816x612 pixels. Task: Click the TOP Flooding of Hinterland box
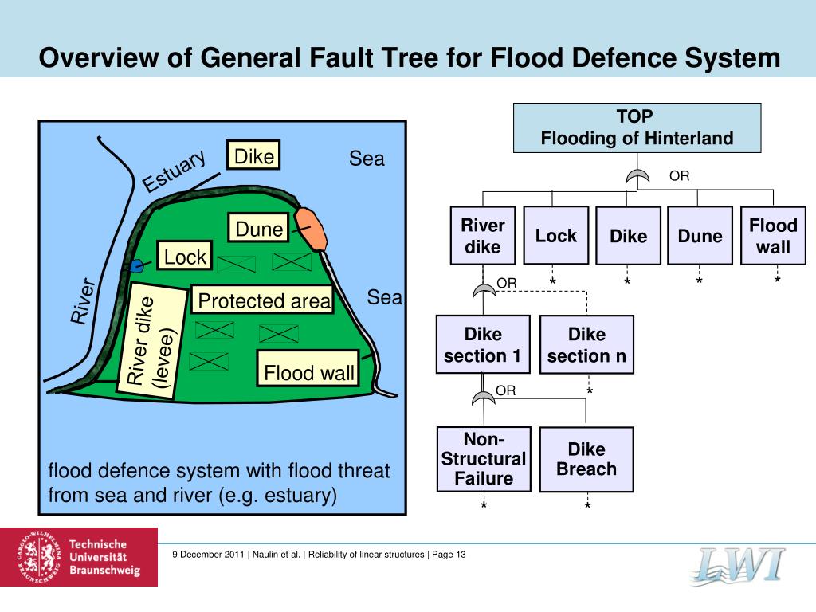(x=637, y=127)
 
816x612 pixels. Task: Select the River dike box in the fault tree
(x=483, y=236)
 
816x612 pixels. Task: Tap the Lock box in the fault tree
(x=555, y=235)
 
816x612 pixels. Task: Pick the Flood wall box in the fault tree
(x=773, y=236)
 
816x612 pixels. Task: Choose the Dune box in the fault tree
(x=700, y=236)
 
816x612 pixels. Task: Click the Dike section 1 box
(x=483, y=344)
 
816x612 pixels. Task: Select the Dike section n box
(x=586, y=345)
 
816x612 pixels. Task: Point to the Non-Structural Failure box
(x=483, y=459)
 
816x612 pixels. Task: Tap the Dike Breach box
(x=586, y=459)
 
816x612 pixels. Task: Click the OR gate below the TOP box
(x=637, y=178)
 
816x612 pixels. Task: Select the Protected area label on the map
(x=263, y=300)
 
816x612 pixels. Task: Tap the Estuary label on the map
(x=174, y=171)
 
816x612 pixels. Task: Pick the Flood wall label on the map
(x=308, y=372)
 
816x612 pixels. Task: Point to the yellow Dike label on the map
(x=254, y=156)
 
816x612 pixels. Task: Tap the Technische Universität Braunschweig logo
(x=79, y=556)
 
